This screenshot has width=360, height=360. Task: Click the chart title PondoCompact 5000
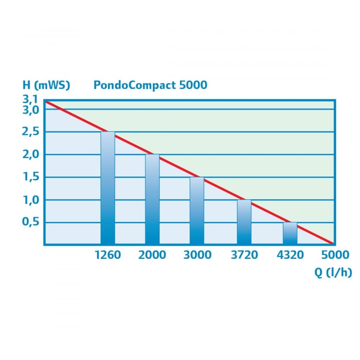[150, 85]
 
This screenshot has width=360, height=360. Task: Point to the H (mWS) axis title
[46, 85]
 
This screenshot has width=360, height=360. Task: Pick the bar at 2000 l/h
[152, 199]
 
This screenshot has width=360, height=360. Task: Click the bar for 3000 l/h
[197, 211]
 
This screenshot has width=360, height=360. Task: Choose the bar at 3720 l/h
[244, 222]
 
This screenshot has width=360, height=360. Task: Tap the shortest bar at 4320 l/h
[290, 233]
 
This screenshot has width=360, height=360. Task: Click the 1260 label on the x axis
[108, 255]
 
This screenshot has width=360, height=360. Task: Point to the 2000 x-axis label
[152, 255]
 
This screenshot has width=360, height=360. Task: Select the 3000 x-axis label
[197, 255]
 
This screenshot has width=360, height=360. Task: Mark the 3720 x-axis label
[244, 255]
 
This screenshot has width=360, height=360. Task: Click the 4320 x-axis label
[290, 255]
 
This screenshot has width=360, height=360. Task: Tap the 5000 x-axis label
[335, 255]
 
